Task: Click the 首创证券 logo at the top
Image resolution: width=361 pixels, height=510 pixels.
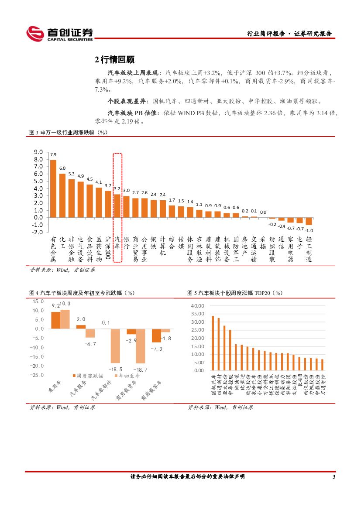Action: click(x=60, y=34)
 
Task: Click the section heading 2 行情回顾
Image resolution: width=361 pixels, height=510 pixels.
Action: click(x=114, y=60)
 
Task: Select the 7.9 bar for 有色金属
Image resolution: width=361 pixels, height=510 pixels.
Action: click(x=53, y=188)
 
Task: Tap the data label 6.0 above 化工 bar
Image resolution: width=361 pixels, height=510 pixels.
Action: click(x=62, y=168)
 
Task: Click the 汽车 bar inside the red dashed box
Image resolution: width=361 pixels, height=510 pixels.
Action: click(x=117, y=205)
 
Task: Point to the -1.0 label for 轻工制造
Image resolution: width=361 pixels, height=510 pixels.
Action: click(x=309, y=230)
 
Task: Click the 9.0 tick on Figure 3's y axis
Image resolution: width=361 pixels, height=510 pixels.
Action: click(x=38, y=152)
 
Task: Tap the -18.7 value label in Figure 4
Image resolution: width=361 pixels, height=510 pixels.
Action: click(x=140, y=370)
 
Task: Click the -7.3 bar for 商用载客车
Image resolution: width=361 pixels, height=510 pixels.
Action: click(x=156, y=335)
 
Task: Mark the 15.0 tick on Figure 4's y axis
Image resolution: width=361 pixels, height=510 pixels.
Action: click(x=38, y=301)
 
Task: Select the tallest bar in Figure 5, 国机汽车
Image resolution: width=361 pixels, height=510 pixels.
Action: click(x=213, y=343)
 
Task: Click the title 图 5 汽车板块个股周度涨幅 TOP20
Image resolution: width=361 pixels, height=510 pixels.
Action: click(x=235, y=293)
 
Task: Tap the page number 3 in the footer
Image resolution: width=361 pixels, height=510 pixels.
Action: click(x=334, y=477)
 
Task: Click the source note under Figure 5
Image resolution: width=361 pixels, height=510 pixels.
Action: click(x=220, y=407)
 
